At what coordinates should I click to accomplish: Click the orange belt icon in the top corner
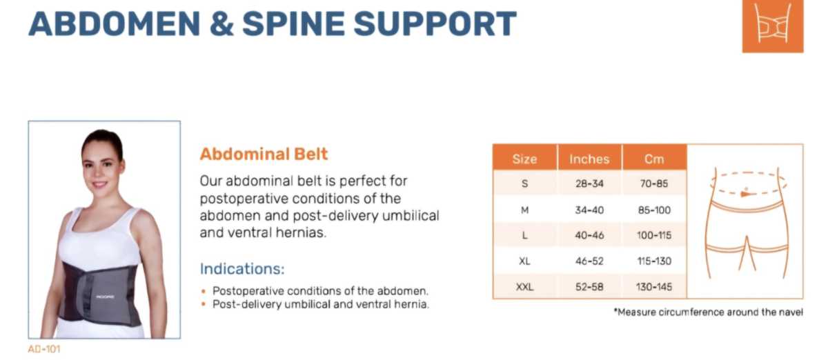772,26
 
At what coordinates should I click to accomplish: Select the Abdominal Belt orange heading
264,154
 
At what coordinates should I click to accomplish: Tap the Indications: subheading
241,268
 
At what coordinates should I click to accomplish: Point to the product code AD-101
44,349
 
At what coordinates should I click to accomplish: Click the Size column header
524,159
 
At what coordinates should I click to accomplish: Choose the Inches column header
589,159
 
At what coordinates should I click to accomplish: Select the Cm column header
653,159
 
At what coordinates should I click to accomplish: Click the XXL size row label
524,286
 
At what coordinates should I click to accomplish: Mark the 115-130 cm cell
653,261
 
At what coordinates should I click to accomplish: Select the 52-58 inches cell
589,286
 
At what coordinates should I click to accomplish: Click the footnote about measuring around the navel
708,312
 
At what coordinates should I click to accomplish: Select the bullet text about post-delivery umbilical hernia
320,304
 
